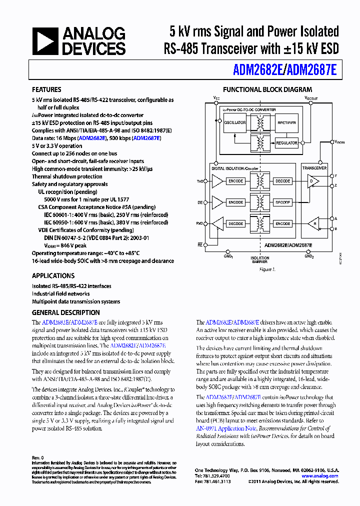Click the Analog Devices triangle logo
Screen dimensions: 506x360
click(45, 41)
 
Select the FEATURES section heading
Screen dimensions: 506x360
click(46, 90)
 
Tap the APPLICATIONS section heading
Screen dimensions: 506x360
click(53, 275)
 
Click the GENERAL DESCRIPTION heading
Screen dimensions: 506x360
click(65, 312)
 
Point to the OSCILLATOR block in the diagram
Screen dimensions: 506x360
click(235, 122)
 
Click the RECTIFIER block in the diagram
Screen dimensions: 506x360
click(286, 122)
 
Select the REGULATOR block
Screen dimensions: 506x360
click(286, 143)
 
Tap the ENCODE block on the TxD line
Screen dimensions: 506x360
click(235, 181)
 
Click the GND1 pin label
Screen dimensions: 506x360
click(228, 255)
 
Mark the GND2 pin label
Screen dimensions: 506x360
click(309, 255)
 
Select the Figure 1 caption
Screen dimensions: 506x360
click(267, 269)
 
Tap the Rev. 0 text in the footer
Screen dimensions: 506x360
click(38, 457)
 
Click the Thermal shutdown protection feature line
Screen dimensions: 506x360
click(67, 176)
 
